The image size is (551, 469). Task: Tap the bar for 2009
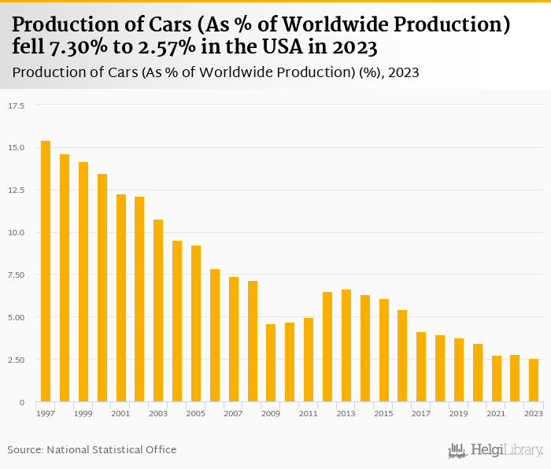(x=271, y=363)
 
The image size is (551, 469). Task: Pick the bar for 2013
(x=346, y=345)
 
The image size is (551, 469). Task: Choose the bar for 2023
(x=534, y=380)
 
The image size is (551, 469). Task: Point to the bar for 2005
(x=196, y=323)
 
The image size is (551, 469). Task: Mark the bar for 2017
(x=421, y=367)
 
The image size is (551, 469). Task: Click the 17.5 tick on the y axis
(x=17, y=105)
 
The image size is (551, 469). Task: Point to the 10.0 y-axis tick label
(x=17, y=232)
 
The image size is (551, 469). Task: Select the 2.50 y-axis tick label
(x=17, y=360)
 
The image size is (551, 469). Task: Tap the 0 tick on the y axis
(x=22, y=402)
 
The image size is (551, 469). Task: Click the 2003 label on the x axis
(x=158, y=413)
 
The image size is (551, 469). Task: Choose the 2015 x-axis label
(x=383, y=413)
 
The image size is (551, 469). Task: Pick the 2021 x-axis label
(x=496, y=413)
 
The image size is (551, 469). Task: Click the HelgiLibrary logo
(x=496, y=450)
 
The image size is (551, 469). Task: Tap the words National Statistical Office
(x=112, y=449)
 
